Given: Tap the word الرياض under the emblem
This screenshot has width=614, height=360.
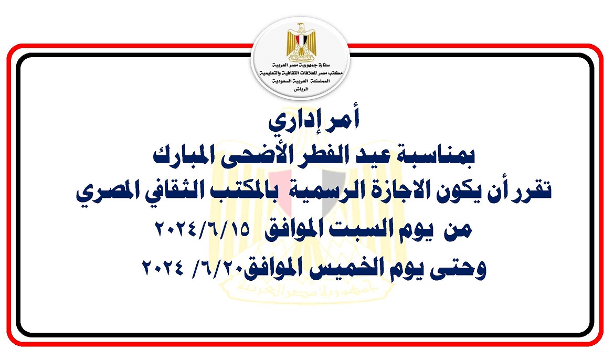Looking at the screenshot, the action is click(301, 89).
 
